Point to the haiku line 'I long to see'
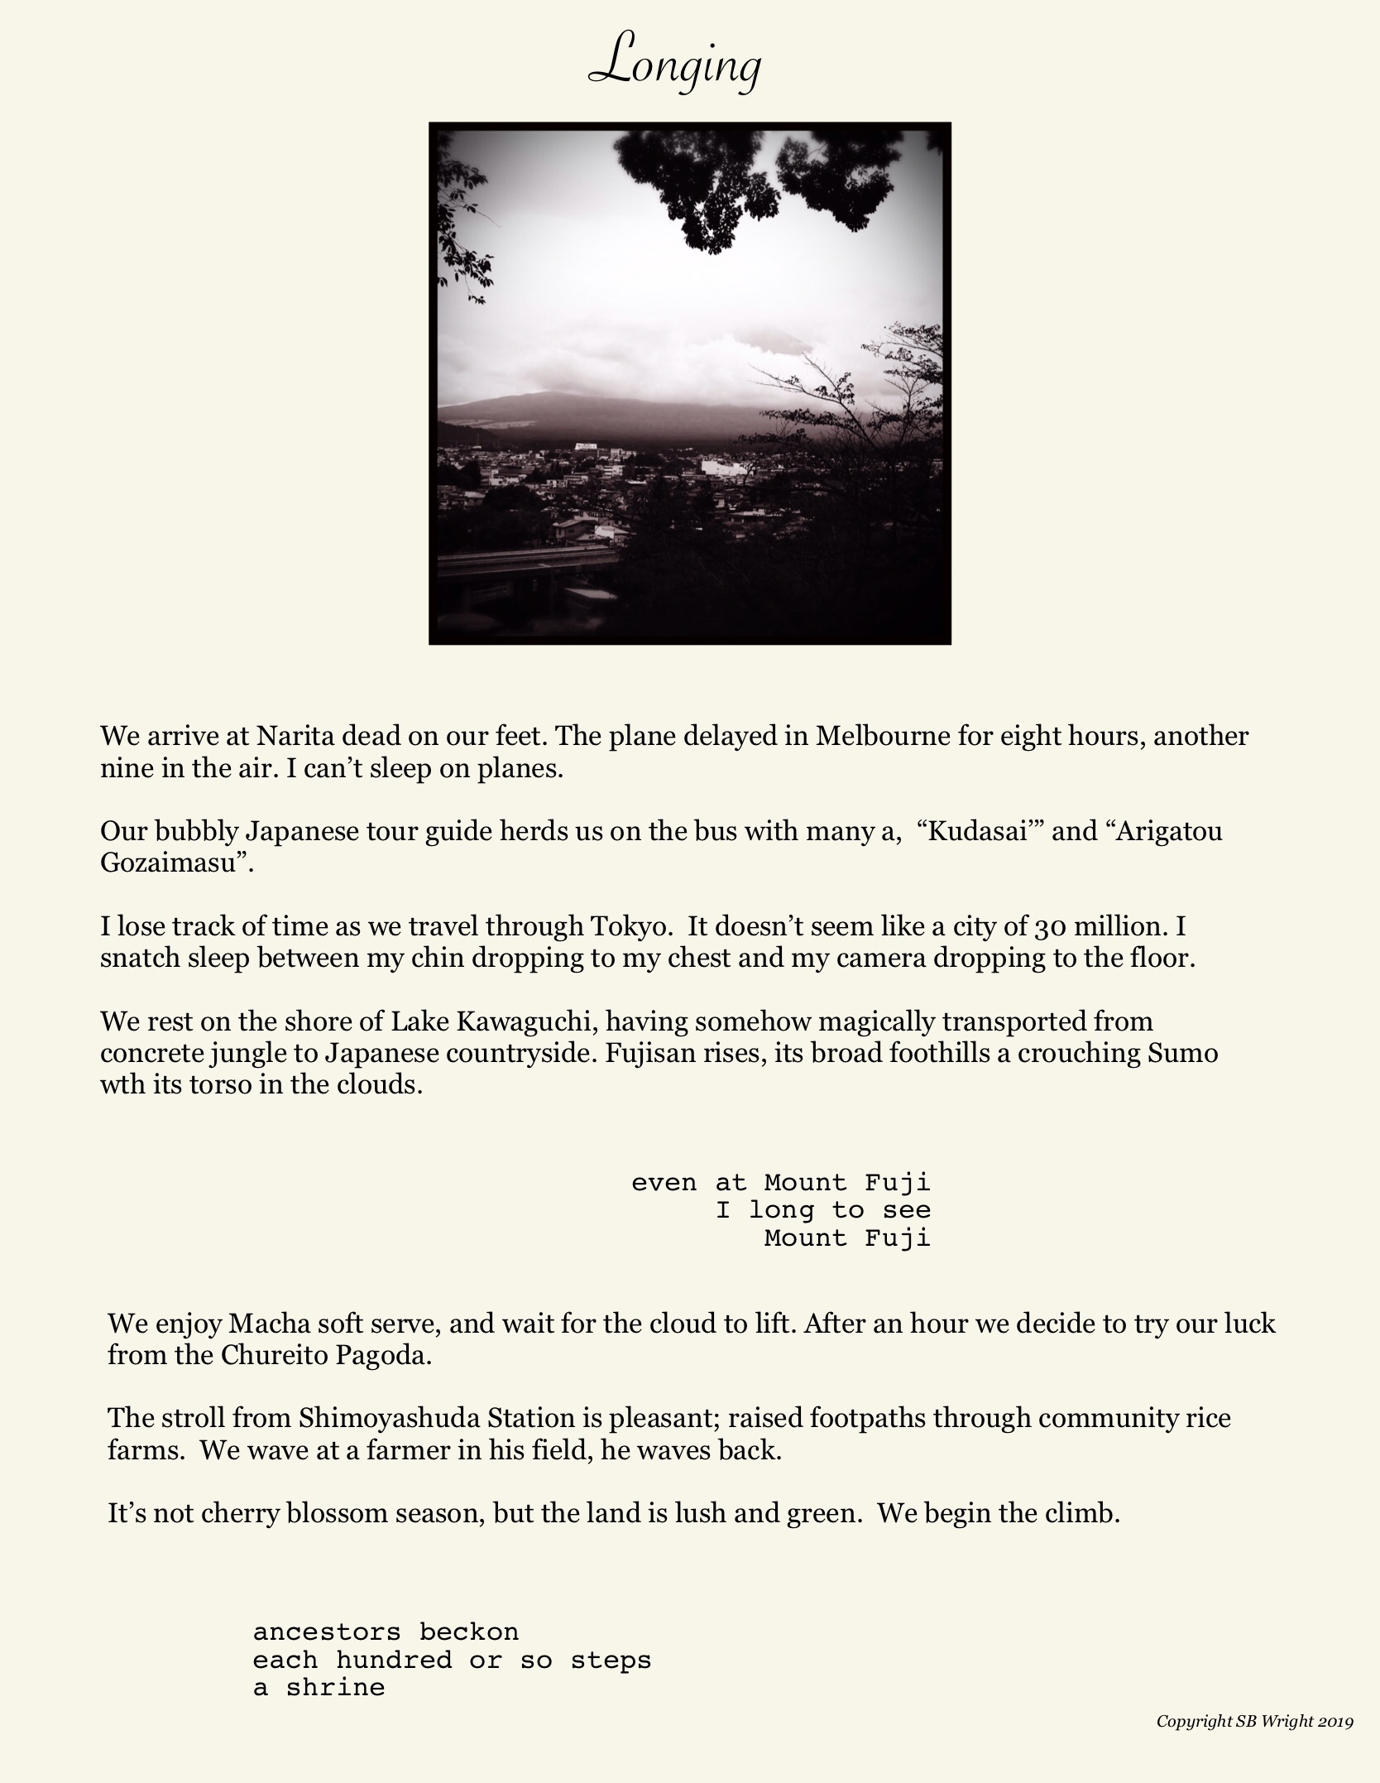click(x=823, y=1210)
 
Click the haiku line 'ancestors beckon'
click(x=386, y=1632)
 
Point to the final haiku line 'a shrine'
click(x=319, y=1688)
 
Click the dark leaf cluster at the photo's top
click(x=728, y=182)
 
